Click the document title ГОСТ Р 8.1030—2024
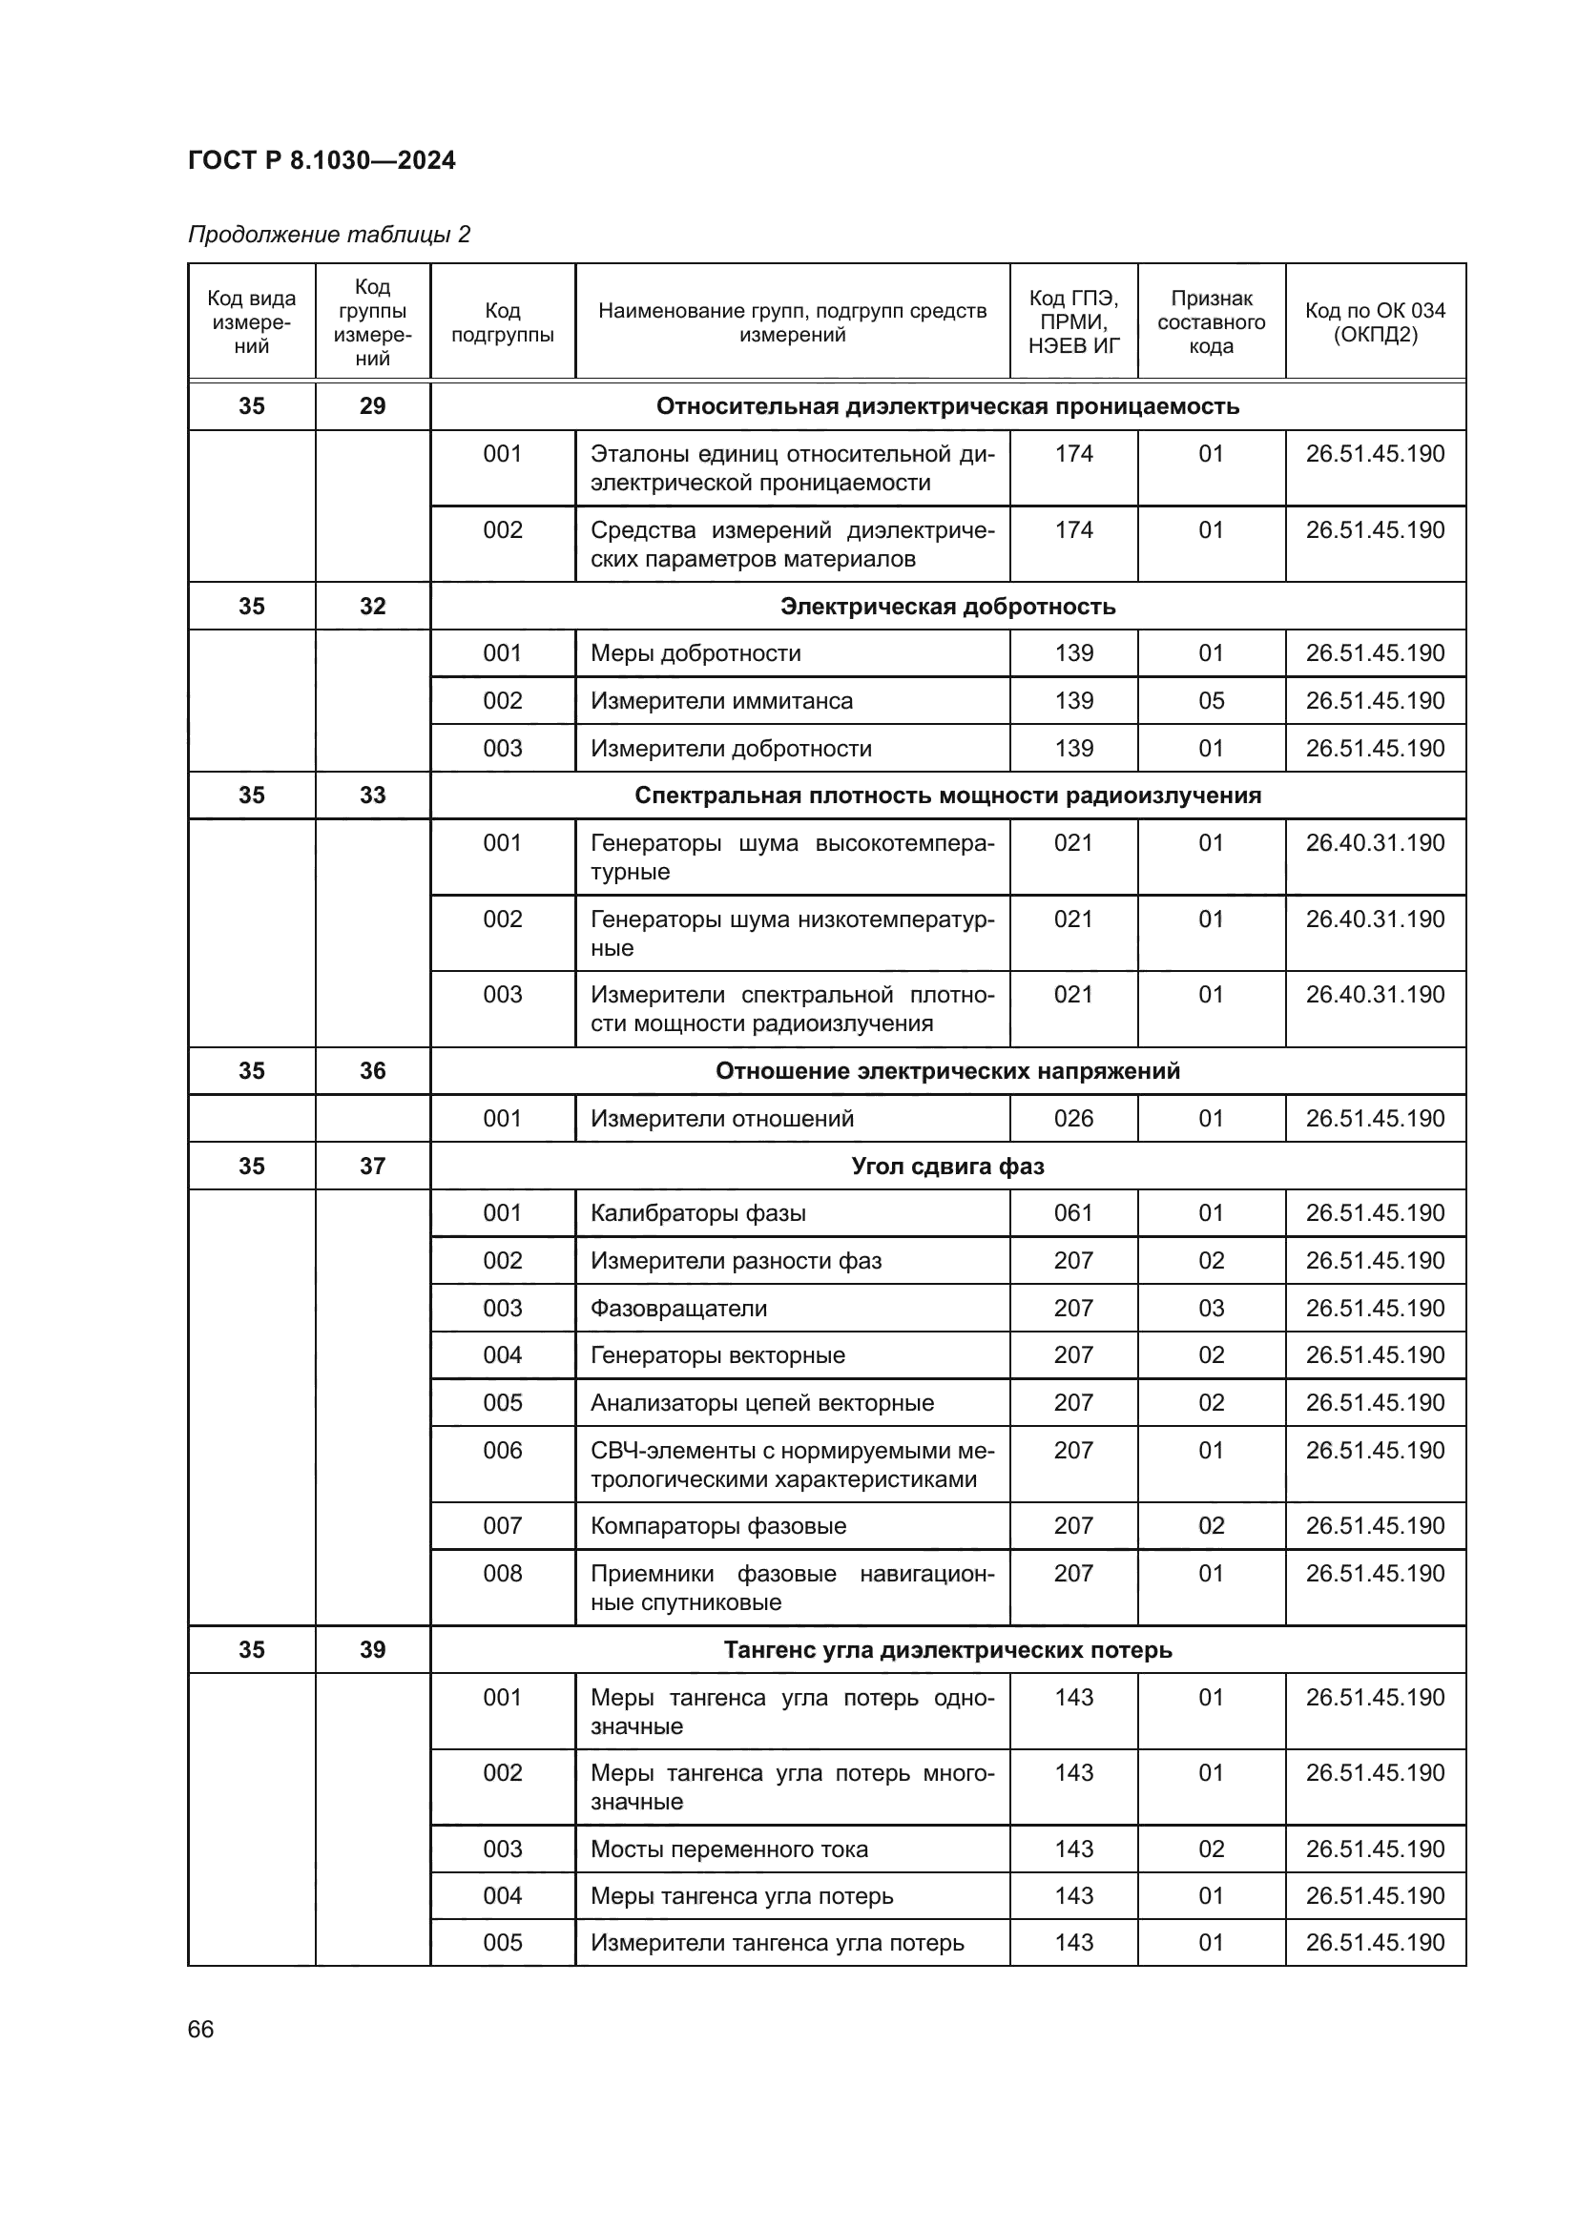pos(322,160)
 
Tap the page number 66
pos(201,2029)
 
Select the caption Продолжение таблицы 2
pos(328,235)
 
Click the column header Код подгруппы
pos(503,322)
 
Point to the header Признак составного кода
pos(1211,322)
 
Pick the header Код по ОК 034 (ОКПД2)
pos(1375,322)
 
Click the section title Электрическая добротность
pos(947,607)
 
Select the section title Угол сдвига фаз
pos(947,1166)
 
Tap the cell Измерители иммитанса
pos(721,701)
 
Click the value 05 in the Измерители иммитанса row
pos(1211,701)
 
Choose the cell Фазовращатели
pos(678,1308)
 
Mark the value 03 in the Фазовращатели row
pos(1211,1308)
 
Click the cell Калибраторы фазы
pos(697,1212)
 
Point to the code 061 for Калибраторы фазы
pos(1073,1212)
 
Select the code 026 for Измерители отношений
pos(1073,1119)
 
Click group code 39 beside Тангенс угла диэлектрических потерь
pos(372,1650)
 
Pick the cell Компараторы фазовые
pos(718,1525)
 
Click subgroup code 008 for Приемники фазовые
pos(503,1573)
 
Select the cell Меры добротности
pos(696,653)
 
